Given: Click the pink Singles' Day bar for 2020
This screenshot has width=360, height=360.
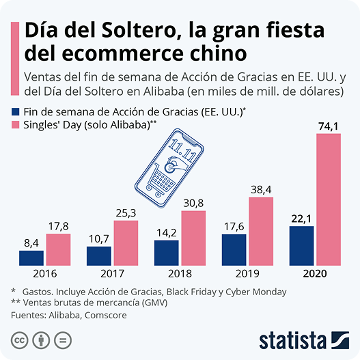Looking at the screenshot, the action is click(x=329, y=199).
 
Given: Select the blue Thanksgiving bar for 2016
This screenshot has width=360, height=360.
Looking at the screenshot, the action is click(x=31, y=258).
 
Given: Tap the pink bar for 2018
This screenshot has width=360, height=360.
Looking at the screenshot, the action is click(x=193, y=238).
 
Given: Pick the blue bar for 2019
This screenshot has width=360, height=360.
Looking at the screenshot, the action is click(x=234, y=250).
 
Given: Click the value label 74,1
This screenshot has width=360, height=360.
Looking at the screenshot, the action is click(x=329, y=126).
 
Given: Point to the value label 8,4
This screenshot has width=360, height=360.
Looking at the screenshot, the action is click(x=31, y=243).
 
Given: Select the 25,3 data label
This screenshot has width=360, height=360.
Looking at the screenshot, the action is click(x=126, y=213).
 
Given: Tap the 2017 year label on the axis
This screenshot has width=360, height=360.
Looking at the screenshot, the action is click(x=112, y=274).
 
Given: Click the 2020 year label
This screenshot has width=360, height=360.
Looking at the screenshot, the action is click(x=315, y=274).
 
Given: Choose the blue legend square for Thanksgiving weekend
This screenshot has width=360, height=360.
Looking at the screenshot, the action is click(x=16, y=112).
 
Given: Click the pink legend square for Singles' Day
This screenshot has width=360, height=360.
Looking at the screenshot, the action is click(x=16, y=125).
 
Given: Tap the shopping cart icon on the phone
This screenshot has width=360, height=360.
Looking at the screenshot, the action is click(x=161, y=181).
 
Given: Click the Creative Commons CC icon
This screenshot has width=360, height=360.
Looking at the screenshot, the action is click(x=20, y=340).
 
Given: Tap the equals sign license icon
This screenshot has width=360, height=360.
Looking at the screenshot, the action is click(x=63, y=340).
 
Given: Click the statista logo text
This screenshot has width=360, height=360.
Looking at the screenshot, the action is click(x=293, y=341).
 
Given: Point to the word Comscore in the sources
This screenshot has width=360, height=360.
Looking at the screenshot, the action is click(x=106, y=315).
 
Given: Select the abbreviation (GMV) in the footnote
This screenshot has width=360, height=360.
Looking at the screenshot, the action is click(x=154, y=303).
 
